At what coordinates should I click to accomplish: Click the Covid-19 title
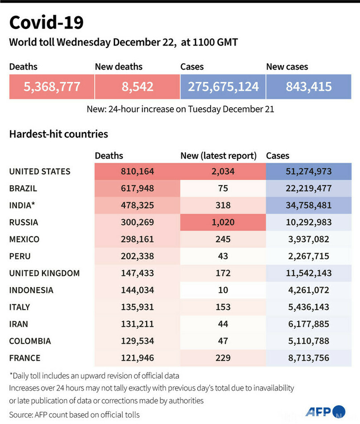46,22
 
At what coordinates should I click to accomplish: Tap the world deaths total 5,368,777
52,86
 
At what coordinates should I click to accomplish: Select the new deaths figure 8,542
137,86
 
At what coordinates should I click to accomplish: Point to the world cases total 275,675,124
223,86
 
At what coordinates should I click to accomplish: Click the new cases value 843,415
309,86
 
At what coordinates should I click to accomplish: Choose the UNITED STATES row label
40,171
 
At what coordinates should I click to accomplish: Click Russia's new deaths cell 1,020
223,222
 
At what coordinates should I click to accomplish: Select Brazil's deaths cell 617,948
137,188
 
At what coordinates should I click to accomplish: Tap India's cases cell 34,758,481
309,205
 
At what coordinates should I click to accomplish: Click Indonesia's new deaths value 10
223,290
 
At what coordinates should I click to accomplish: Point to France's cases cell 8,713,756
309,358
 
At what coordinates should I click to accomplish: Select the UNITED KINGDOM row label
44,273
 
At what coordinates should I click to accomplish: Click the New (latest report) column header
219,156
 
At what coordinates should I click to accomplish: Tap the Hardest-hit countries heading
59,133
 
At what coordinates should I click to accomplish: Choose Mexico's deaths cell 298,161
137,239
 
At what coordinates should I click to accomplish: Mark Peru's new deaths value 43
223,256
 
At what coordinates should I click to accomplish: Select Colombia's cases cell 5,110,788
309,341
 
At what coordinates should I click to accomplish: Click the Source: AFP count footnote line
74,415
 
